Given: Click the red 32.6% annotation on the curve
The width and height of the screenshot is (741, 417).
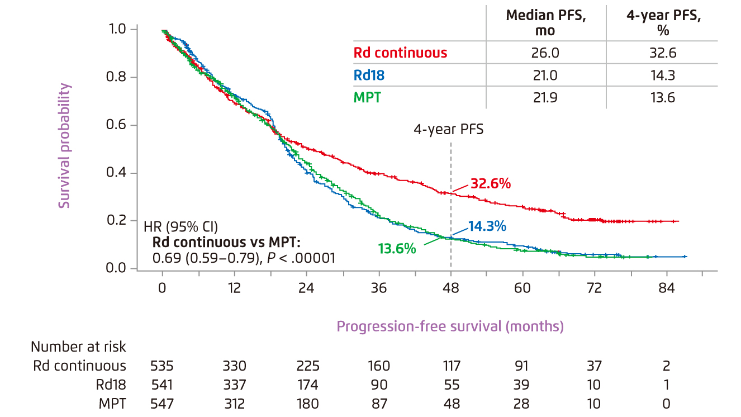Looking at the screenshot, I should (x=490, y=183).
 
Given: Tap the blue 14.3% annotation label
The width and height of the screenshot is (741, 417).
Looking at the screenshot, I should (x=487, y=226).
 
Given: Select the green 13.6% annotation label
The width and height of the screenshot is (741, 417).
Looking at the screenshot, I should (x=397, y=249).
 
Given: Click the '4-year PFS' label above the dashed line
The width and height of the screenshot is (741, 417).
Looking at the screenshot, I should (x=448, y=130).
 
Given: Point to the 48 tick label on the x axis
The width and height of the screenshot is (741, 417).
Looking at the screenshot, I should (x=451, y=288).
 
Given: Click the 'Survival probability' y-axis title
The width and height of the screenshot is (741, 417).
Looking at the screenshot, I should (x=65, y=146).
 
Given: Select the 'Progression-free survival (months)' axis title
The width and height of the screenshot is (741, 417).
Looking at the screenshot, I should (x=450, y=326).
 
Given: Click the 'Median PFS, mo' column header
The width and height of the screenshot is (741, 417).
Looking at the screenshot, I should (x=546, y=23).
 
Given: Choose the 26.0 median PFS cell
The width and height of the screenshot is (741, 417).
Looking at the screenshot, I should (x=546, y=53).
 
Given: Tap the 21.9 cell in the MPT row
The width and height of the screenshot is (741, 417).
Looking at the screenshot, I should (x=546, y=98).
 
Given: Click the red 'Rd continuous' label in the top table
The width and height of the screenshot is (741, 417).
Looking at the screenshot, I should (x=400, y=53).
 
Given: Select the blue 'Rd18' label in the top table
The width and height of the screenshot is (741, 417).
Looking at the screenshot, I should (x=370, y=75).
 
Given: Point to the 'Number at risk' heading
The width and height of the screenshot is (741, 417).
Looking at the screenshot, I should (x=78, y=347).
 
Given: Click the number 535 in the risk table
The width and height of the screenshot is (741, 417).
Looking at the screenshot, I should (x=162, y=366).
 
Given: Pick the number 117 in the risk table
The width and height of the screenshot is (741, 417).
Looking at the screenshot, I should (x=451, y=366).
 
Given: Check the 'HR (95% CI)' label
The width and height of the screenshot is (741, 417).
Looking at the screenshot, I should (x=181, y=228).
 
